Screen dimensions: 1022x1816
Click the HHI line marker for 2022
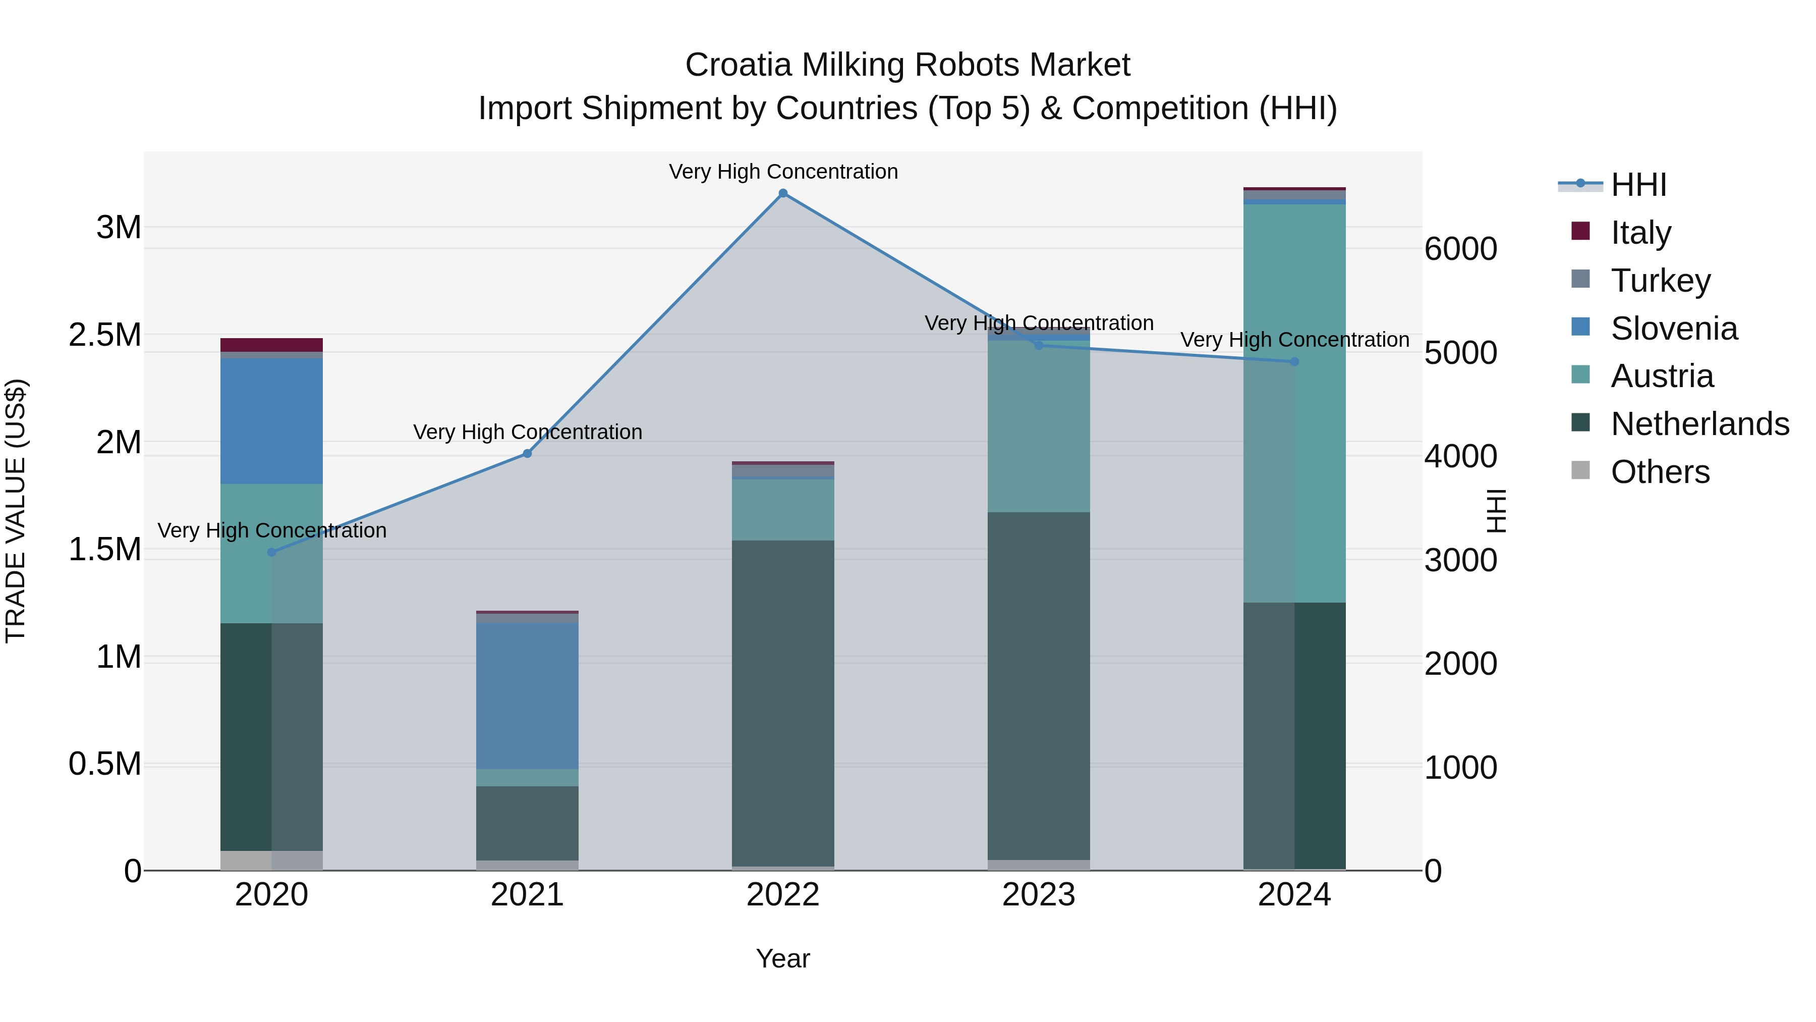[x=782, y=193]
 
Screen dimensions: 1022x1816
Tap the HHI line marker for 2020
[x=271, y=552]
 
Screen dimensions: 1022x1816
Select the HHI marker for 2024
[x=1294, y=362]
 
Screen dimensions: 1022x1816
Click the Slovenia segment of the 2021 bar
[x=527, y=695]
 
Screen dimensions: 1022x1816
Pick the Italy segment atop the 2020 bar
[x=271, y=345]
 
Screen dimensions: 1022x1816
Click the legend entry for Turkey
[x=1660, y=281]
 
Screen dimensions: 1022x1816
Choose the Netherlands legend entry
[x=1699, y=424]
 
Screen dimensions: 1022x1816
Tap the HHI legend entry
[x=1637, y=185]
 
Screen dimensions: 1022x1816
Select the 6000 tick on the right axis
[x=1461, y=249]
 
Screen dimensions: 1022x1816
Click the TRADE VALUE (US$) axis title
[x=16, y=511]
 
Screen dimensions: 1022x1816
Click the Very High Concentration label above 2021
[x=527, y=432]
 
